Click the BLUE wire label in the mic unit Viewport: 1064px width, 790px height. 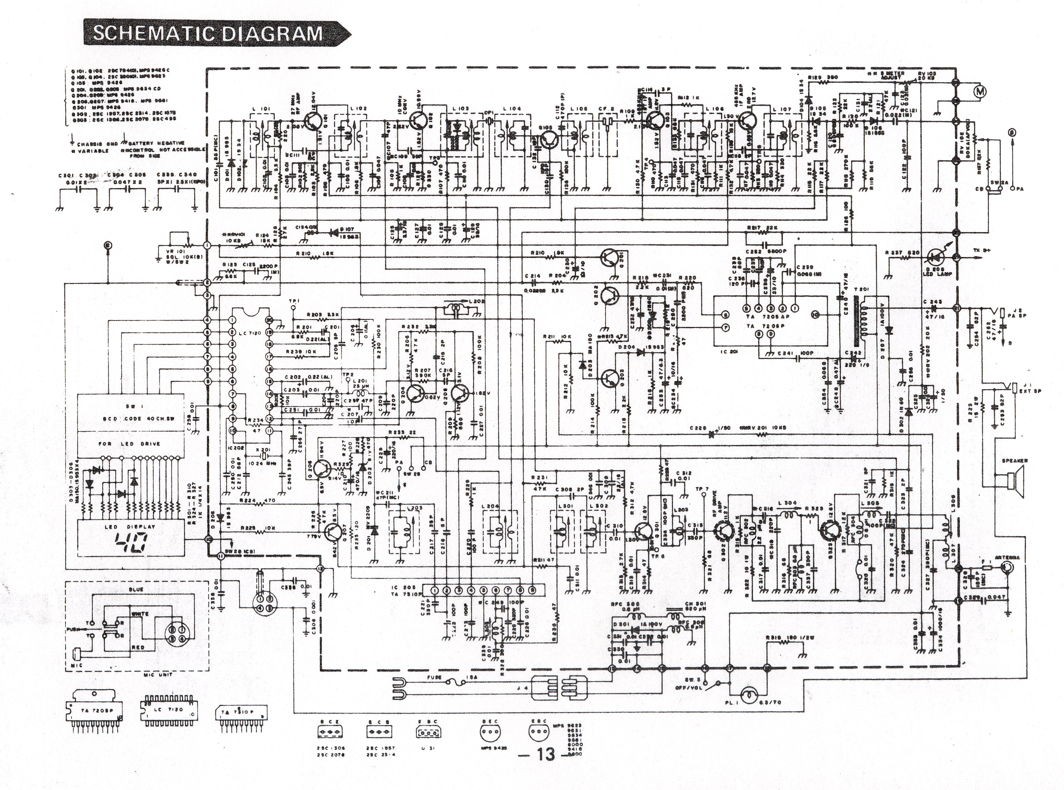click(136, 590)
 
